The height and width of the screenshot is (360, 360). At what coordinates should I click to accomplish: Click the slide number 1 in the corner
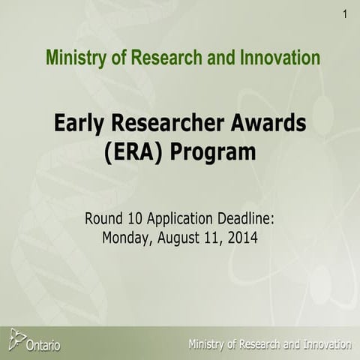coord(344,14)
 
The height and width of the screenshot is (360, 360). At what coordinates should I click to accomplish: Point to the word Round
coord(106,220)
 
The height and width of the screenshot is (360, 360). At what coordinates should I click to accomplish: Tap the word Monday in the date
coord(126,239)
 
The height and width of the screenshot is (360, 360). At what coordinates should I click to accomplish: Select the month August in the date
coord(181,240)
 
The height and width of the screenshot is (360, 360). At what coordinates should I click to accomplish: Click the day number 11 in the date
coord(217,239)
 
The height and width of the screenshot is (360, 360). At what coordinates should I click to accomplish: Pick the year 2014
coord(244,239)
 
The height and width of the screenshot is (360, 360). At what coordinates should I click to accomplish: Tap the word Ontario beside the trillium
coord(43,345)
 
